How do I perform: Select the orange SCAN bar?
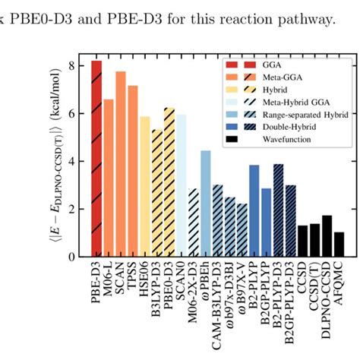coord(121,163)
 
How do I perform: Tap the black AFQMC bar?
coord(339,245)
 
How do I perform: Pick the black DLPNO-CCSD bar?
coord(327,236)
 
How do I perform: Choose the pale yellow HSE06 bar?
coord(145,186)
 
